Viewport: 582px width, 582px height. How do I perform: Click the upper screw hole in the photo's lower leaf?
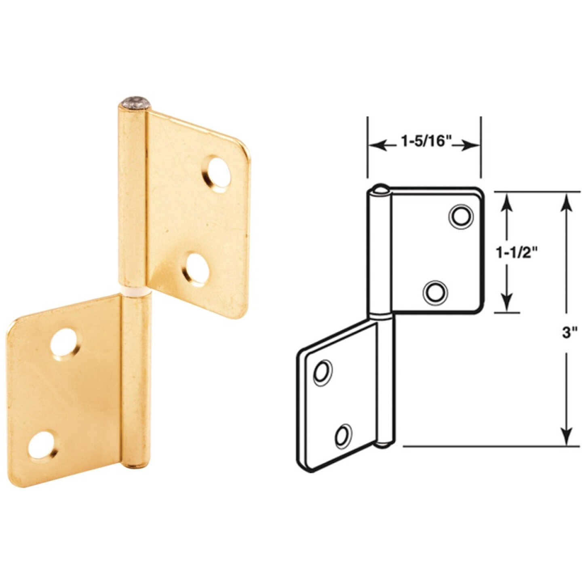[x=64, y=342]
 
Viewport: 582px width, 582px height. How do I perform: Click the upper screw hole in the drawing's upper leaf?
[x=461, y=217]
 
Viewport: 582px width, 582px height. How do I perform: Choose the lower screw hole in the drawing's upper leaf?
[x=435, y=291]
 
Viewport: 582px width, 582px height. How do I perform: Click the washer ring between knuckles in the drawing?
[x=381, y=316]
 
